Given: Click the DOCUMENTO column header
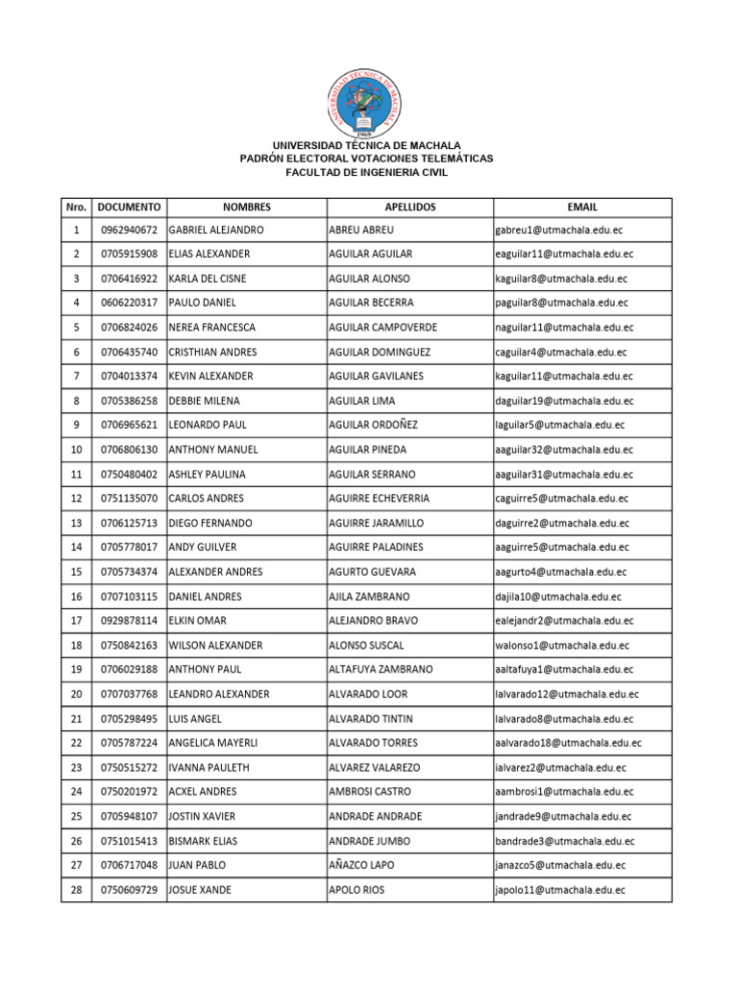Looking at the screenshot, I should (129, 207).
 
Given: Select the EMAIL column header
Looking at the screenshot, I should (582, 207).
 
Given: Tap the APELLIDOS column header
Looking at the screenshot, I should (409, 207).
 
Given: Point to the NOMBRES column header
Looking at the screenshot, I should (246, 207).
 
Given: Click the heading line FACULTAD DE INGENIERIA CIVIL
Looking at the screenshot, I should (368, 172).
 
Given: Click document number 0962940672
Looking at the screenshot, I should (129, 231).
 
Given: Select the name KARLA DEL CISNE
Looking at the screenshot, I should (208, 279).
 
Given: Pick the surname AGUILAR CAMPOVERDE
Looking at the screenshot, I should (382, 328).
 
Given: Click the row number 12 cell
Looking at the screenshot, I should (76, 499).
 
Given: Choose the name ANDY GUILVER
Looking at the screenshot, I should (203, 547).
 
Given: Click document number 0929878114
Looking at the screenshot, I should (129, 621).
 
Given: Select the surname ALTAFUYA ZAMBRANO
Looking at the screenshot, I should (381, 669).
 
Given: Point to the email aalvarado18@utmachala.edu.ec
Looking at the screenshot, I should (568, 743).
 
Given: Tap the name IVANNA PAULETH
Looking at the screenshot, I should (207, 768).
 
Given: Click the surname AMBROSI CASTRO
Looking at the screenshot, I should (370, 792).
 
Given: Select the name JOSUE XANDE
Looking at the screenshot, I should (200, 890).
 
